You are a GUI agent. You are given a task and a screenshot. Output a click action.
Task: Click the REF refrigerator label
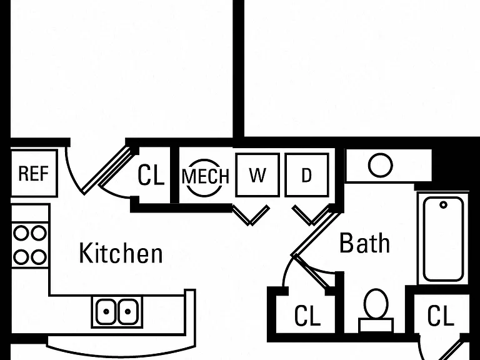[x=33, y=173]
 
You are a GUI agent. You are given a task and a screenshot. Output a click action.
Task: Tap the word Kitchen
[x=121, y=253]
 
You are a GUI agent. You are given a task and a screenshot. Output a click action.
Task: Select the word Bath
[x=364, y=242]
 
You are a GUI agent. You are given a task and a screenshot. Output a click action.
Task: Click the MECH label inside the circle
[x=206, y=176]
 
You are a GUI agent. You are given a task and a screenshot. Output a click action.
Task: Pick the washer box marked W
[x=257, y=175]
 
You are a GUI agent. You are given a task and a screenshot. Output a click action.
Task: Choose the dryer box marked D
[x=307, y=175]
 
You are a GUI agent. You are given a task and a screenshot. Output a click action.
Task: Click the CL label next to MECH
[x=151, y=175]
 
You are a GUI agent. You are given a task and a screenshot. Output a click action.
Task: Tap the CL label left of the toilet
[x=307, y=316]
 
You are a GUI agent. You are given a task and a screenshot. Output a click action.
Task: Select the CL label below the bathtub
[x=441, y=315]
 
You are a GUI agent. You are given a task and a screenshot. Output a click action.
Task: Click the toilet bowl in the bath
[x=376, y=304]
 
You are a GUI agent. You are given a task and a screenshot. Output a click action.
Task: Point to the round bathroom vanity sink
[x=381, y=165]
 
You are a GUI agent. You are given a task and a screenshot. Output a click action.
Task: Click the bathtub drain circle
[x=443, y=205]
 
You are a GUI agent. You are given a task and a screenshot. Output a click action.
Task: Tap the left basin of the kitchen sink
[x=106, y=312]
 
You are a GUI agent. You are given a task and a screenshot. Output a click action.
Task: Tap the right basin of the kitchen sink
[x=127, y=312]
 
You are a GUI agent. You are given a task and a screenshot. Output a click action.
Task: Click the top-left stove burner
[x=21, y=233]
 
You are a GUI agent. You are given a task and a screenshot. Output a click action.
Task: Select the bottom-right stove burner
[x=39, y=257]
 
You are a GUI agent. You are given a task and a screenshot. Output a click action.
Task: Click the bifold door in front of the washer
[x=251, y=215]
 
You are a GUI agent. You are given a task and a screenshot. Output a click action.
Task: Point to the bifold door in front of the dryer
[x=311, y=215]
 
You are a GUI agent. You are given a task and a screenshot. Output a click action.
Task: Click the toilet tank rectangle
[x=376, y=325]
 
